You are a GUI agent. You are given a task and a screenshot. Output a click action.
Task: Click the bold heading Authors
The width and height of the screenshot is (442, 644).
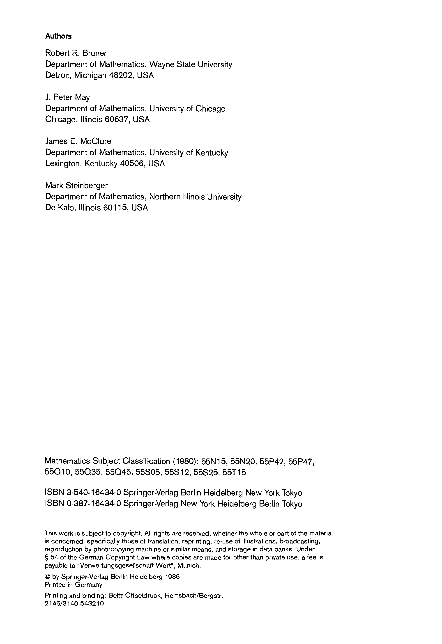pos(58,36)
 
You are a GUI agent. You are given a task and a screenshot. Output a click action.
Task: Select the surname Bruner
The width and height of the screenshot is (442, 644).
pos(94,53)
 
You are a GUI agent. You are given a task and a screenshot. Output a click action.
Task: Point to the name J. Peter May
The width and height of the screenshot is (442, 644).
pos(67,97)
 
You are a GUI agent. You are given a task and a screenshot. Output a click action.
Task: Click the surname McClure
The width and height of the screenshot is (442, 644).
pos(95,141)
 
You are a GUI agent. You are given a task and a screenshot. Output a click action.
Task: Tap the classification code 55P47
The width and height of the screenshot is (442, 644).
pos(301,461)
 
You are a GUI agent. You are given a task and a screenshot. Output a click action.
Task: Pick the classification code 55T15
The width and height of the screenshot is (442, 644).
pos(234,472)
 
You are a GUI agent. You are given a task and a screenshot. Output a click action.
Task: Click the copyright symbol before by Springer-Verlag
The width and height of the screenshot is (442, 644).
pos(47,577)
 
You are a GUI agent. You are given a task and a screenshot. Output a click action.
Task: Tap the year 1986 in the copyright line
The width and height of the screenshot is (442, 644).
pos(172,577)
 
